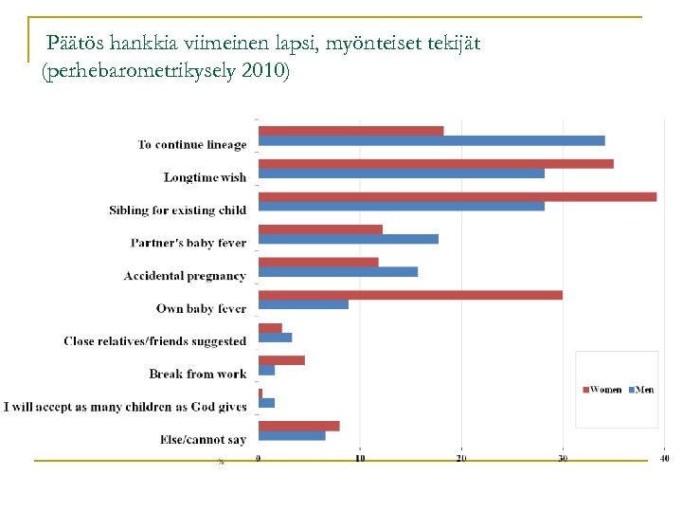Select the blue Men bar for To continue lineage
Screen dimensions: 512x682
(x=431, y=140)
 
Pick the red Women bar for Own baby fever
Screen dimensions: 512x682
(x=410, y=295)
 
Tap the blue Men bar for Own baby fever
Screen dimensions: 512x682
(x=303, y=304)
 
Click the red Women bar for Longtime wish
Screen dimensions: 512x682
(x=436, y=163)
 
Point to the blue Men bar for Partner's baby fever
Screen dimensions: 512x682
(x=348, y=239)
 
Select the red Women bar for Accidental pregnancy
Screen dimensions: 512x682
(x=318, y=262)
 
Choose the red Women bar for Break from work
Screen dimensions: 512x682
(x=281, y=360)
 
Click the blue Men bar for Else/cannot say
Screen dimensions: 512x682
(x=292, y=435)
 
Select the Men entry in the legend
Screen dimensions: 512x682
(x=641, y=390)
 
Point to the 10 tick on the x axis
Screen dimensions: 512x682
(x=360, y=459)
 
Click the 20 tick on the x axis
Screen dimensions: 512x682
(x=461, y=459)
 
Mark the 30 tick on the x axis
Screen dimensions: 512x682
(x=563, y=459)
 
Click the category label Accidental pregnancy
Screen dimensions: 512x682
(x=185, y=276)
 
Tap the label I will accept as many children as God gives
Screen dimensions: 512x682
(x=125, y=407)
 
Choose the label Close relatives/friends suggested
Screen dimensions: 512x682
(x=154, y=341)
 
